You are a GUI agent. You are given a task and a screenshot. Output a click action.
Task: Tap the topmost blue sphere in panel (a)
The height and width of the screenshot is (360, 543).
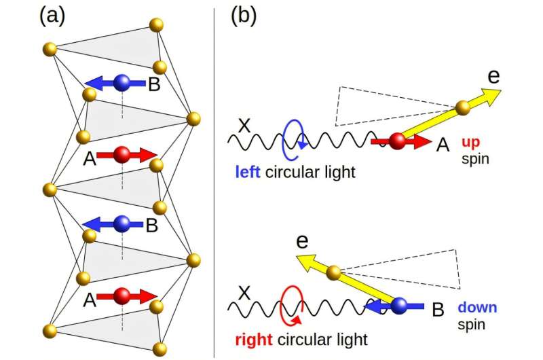point(122,83)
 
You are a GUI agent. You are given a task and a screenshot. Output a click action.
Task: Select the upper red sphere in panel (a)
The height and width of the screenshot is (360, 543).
point(122,155)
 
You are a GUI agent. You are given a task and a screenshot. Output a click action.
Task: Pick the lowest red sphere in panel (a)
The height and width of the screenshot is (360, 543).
point(122,295)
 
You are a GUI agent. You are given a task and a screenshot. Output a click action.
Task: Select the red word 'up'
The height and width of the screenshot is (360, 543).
point(471,143)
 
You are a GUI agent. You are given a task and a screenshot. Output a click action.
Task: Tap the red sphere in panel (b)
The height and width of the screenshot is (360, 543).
point(397,141)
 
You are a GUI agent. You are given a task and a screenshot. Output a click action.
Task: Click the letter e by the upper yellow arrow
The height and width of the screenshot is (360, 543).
point(493,75)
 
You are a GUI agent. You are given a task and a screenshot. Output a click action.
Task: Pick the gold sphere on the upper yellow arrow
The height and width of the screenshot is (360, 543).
point(463,107)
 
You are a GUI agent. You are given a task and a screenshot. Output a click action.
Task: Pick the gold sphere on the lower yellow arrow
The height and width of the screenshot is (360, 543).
point(333,273)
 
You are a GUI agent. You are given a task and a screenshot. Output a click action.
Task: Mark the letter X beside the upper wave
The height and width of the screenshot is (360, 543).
point(242,126)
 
